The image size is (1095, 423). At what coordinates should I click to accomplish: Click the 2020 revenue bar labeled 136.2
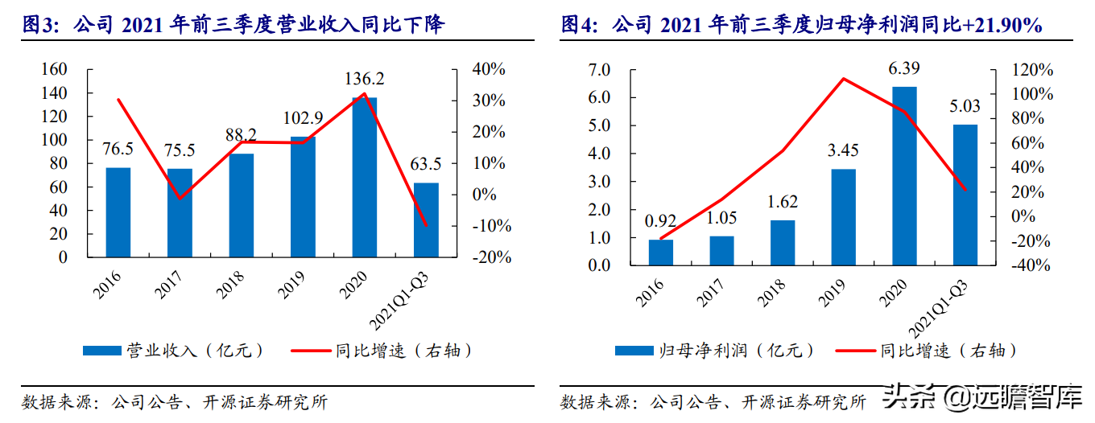[x=365, y=177]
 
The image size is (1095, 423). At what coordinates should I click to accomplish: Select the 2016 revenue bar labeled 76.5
[x=118, y=212]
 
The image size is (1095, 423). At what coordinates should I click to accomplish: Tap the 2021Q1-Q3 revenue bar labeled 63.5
[x=426, y=220]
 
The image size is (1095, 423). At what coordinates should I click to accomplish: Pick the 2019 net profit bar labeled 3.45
[x=843, y=217]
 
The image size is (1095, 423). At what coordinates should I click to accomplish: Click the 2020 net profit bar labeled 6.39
[x=904, y=176]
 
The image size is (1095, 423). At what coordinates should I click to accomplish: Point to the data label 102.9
[x=303, y=117]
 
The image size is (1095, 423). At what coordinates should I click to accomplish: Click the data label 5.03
[x=965, y=106]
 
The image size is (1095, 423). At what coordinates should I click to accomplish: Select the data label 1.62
[x=782, y=202]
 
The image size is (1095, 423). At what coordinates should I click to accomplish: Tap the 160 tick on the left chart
[x=54, y=69]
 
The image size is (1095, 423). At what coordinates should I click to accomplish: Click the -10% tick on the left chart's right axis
[x=491, y=226]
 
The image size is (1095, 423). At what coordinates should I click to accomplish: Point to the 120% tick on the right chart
[x=1032, y=70]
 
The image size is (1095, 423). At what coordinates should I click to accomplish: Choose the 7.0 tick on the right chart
[x=599, y=70]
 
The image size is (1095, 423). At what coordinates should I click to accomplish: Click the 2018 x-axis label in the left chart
[x=229, y=285]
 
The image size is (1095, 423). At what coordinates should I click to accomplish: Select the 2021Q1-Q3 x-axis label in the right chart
[x=937, y=310]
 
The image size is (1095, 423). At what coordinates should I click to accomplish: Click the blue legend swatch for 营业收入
[x=101, y=351]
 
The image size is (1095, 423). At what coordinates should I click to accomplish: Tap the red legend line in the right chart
[x=855, y=351]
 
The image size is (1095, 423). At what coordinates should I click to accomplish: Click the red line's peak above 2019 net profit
[x=843, y=78]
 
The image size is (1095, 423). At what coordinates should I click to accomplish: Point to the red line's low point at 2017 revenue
[x=180, y=199]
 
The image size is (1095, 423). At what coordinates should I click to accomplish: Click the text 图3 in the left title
[x=37, y=24]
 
